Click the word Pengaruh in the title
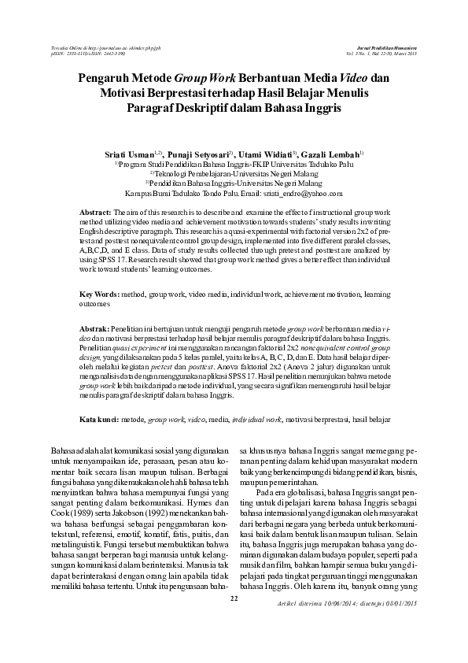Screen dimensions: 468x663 pos(107,79)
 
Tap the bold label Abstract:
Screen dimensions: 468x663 pos(96,213)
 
